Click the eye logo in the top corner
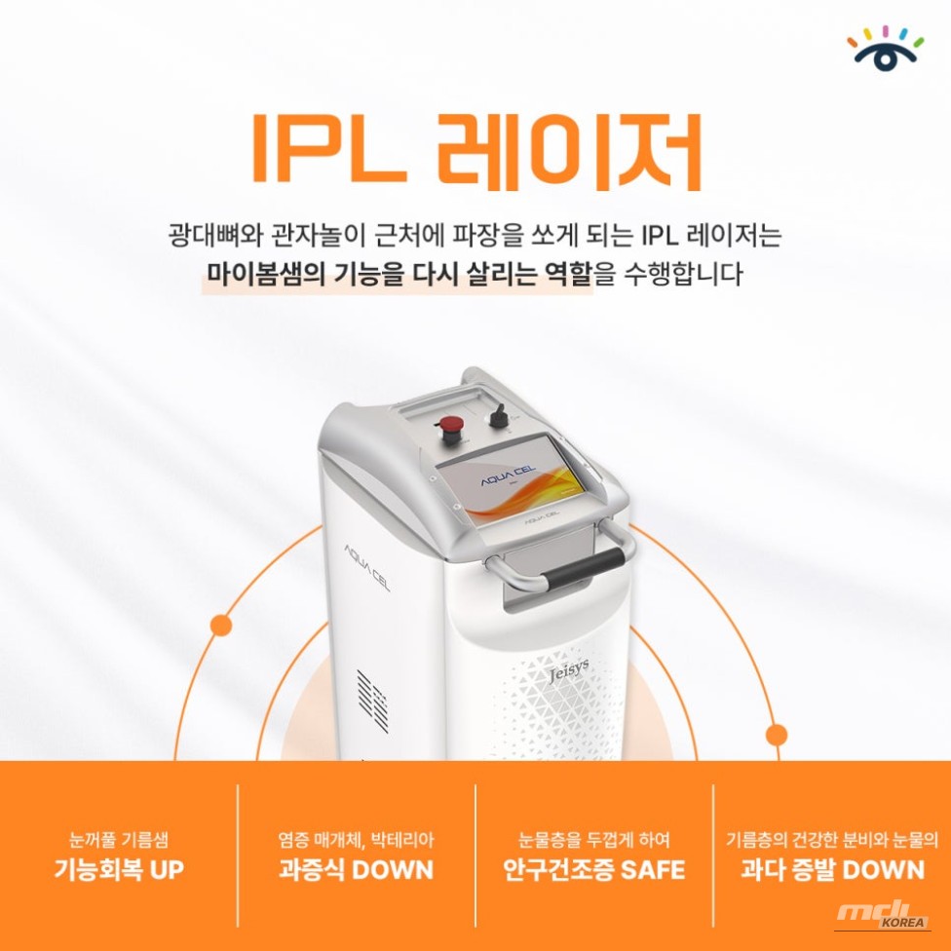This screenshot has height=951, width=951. point(885,48)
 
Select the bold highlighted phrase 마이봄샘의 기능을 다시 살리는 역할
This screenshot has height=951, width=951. point(399,275)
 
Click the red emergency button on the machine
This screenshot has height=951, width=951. point(451,425)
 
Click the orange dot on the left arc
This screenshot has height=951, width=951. point(221,625)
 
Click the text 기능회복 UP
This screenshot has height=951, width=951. point(118,869)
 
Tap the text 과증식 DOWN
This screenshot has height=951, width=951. point(356,869)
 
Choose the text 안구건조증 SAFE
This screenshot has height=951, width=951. point(593,869)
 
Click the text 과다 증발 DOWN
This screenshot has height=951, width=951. point(832,869)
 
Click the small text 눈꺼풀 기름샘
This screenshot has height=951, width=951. point(118,839)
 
